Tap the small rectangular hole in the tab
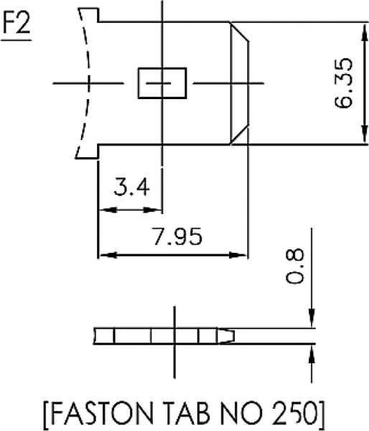(x=162, y=83)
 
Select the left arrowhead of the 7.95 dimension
(x=105, y=254)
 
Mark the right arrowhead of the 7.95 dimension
(x=240, y=254)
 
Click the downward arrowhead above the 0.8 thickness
(x=312, y=320)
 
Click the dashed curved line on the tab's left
(x=86, y=83)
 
